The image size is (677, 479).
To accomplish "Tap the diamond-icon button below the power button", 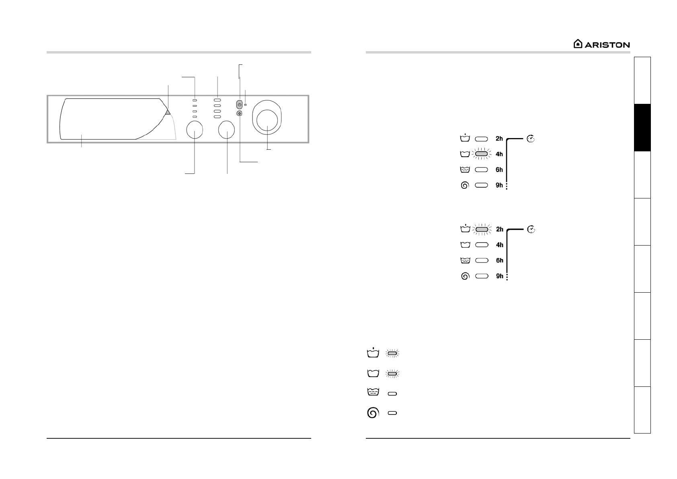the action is click(239, 114).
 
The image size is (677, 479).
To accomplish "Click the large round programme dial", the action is click(267, 118).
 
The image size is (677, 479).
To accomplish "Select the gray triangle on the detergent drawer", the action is click(168, 112).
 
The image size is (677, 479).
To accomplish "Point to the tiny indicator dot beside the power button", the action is click(245, 105).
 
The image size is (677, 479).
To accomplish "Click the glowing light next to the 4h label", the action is click(482, 154).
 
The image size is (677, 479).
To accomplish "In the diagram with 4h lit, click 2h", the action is click(499, 138).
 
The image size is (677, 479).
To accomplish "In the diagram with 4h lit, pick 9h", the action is click(499, 185).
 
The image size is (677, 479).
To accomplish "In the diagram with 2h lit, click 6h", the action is click(500, 260).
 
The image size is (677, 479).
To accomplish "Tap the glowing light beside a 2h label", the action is click(482, 229).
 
